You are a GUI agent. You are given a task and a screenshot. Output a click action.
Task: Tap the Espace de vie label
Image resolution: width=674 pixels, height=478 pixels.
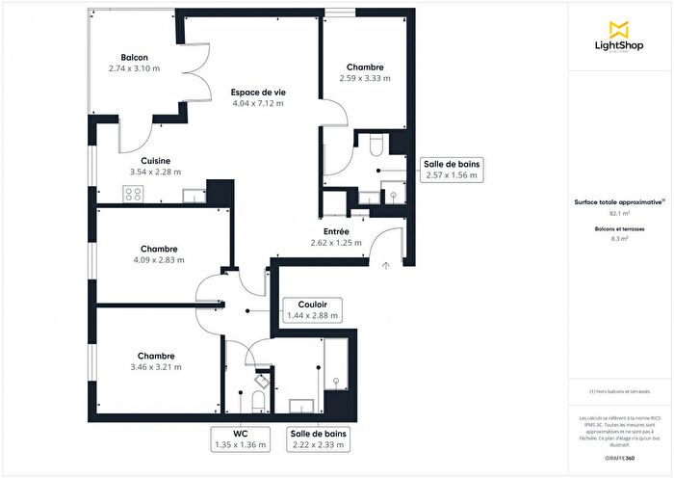pos(257,92)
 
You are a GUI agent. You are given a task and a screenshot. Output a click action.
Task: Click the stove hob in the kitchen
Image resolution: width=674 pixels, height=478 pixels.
pos(133,193)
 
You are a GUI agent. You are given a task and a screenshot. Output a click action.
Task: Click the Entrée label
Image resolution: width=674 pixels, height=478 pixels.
pos(336,231)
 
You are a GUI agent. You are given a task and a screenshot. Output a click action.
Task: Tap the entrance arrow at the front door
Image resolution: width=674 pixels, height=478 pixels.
pos(385,261)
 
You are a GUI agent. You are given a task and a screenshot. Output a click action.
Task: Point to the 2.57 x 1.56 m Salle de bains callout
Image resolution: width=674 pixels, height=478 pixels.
pos(451,171)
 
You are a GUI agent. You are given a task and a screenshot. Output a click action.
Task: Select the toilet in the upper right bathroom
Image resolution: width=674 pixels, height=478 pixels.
pos(376,146)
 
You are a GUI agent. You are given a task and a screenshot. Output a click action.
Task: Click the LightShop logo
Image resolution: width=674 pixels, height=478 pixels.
pos(620,37)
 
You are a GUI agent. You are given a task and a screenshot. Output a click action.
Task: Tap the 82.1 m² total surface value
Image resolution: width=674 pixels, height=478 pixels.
pos(620,213)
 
